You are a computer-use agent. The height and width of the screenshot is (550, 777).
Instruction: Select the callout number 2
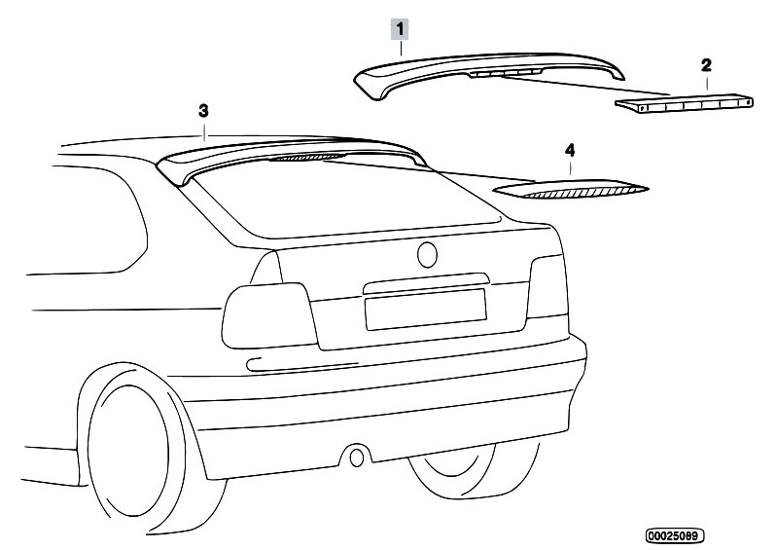[706, 65]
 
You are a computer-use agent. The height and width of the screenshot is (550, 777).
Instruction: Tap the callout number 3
[203, 111]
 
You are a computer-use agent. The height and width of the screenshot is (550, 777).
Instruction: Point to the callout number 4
[570, 151]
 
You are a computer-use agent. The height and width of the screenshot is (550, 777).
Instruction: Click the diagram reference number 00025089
[675, 535]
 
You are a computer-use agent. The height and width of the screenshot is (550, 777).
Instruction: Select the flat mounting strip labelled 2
[685, 102]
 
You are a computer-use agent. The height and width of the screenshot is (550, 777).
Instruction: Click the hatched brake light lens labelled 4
[571, 189]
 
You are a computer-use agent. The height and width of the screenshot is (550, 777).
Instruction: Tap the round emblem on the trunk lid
[429, 255]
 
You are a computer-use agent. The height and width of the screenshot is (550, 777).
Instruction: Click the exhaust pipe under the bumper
[358, 456]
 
